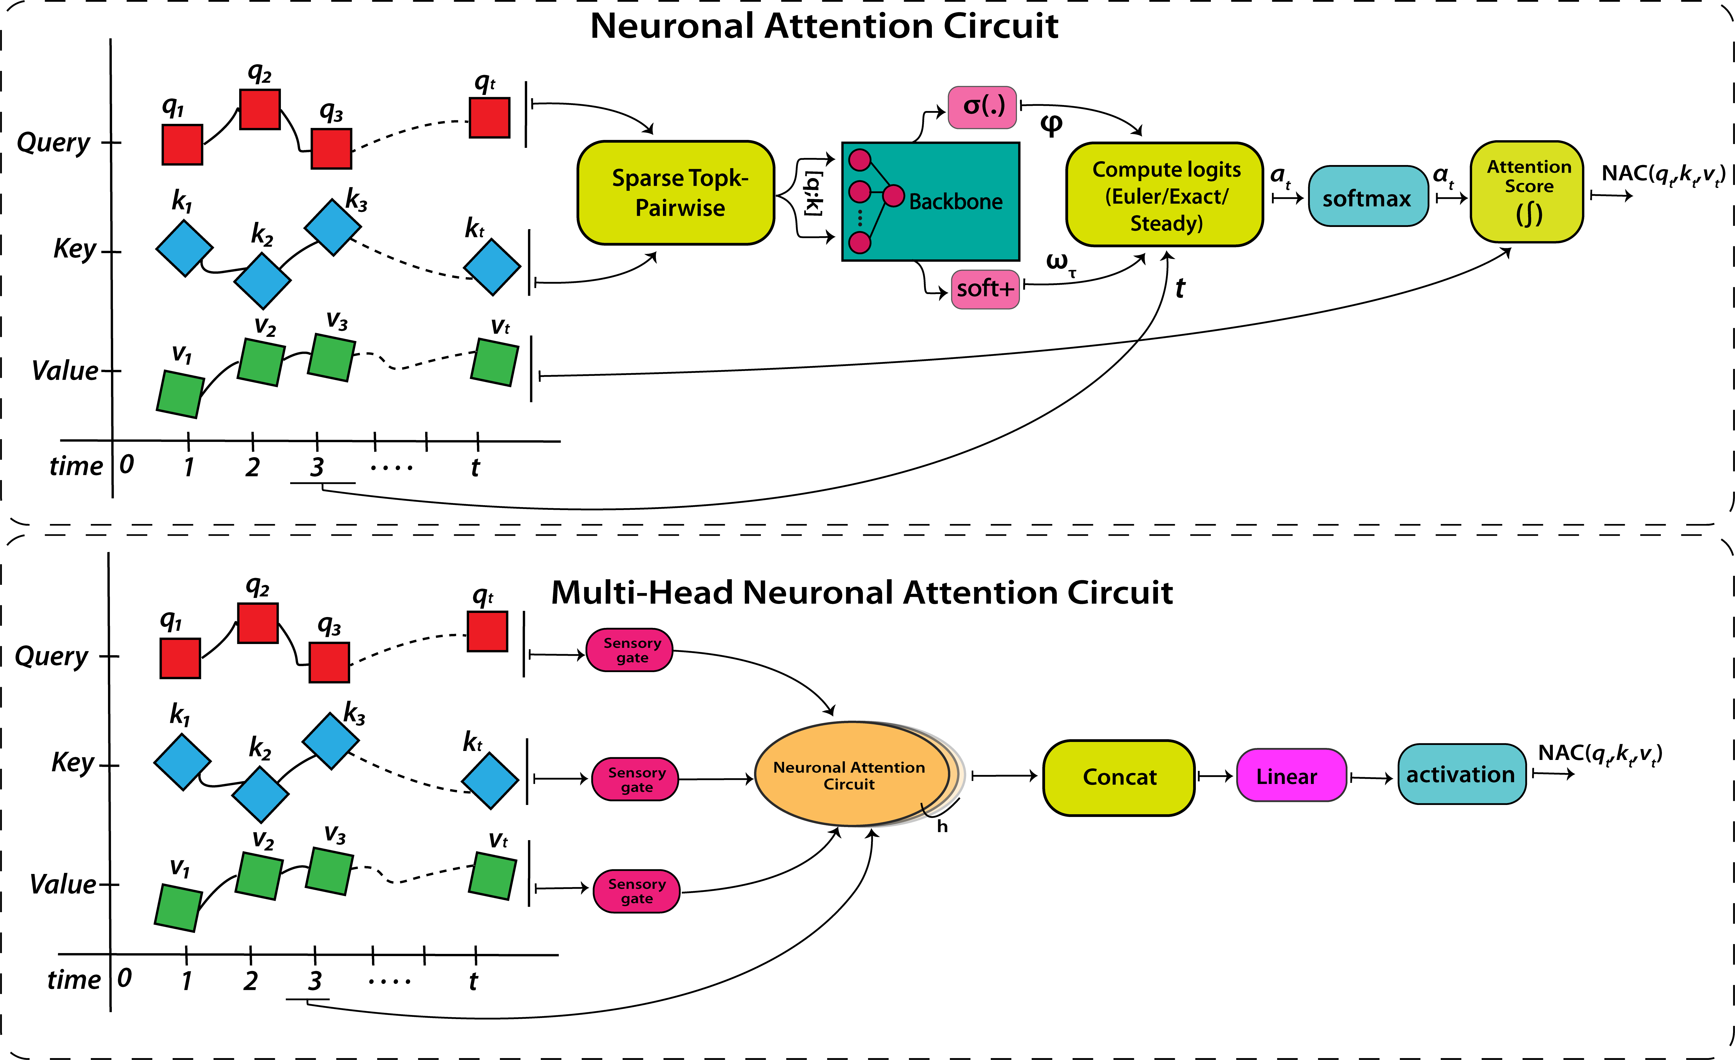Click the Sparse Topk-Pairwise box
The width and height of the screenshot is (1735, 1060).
coord(676,193)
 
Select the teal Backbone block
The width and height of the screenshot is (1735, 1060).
coord(931,201)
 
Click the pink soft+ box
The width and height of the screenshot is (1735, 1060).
coord(985,289)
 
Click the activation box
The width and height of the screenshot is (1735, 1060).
coord(1461,774)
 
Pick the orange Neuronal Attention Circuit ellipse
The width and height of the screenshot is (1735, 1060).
coord(851,775)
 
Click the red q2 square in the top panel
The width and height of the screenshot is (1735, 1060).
coord(260,109)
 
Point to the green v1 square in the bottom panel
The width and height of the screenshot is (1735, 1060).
coord(178,908)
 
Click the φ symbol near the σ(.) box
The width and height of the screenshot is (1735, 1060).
coord(1051,125)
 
